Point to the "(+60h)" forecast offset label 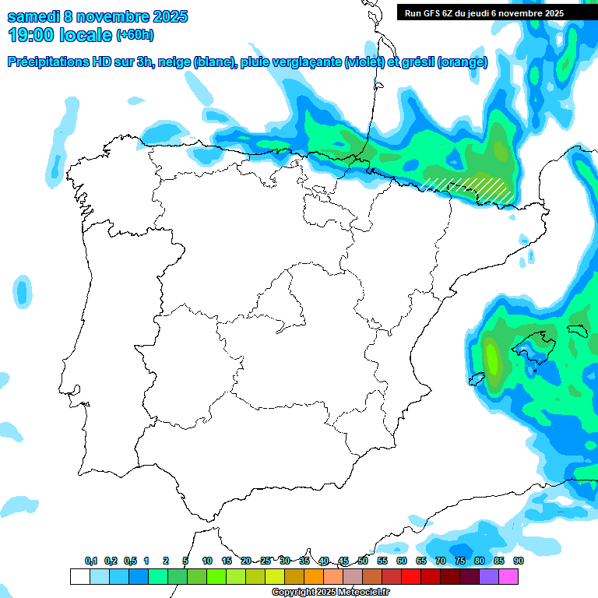[x=135, y=35]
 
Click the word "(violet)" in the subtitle [x=364, y=62]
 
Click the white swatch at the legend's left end [x=79, y=577]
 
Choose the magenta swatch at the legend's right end [x=508, y=577]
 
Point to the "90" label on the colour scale [x=518, y=561]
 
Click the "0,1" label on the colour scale [x=90, y=561]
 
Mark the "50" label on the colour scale [x=363, y=561]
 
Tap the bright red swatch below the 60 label [x=411, y=577]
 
